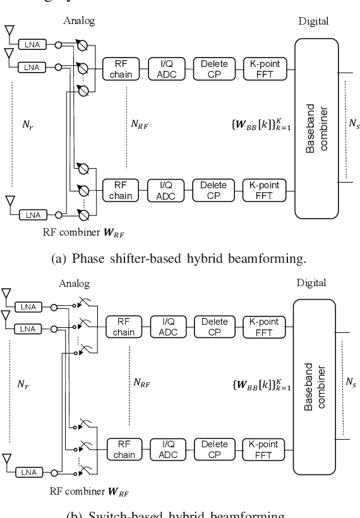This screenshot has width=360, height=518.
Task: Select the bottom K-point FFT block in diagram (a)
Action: pyautogui.click(x=265, y=190)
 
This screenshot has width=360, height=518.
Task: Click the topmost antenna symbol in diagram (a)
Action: pyautogui.click(x=8, y=32)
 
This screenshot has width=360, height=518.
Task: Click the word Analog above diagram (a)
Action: pyautogui.click(x=79, y=21)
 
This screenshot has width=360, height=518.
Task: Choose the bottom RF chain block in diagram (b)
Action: pyautogui.click(x=124, y=449)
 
